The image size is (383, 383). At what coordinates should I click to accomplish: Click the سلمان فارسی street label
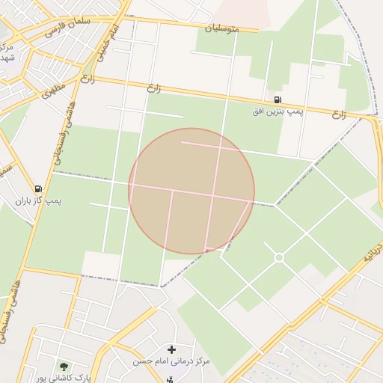[x=67, y=28]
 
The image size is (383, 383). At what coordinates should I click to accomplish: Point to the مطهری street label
[x=53, y=91]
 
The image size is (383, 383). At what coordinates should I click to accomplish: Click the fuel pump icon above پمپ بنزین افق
[x=278, y=99]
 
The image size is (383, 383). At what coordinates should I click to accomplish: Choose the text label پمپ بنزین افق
[x=278, y=111]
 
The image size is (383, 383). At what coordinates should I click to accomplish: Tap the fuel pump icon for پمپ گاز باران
[x=38, y=189]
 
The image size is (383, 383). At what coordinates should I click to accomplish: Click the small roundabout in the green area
[x=279, y=257]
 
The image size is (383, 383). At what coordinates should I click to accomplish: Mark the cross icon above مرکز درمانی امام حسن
[x=172, y=349]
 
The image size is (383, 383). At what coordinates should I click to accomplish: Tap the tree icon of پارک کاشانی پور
[x=64, y=367]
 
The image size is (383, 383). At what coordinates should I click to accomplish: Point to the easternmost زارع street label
[x=339, y=114]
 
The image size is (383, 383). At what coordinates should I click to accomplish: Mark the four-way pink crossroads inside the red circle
[x=215, y=196]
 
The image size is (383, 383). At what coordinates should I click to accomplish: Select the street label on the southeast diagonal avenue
[x=373, y=253]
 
